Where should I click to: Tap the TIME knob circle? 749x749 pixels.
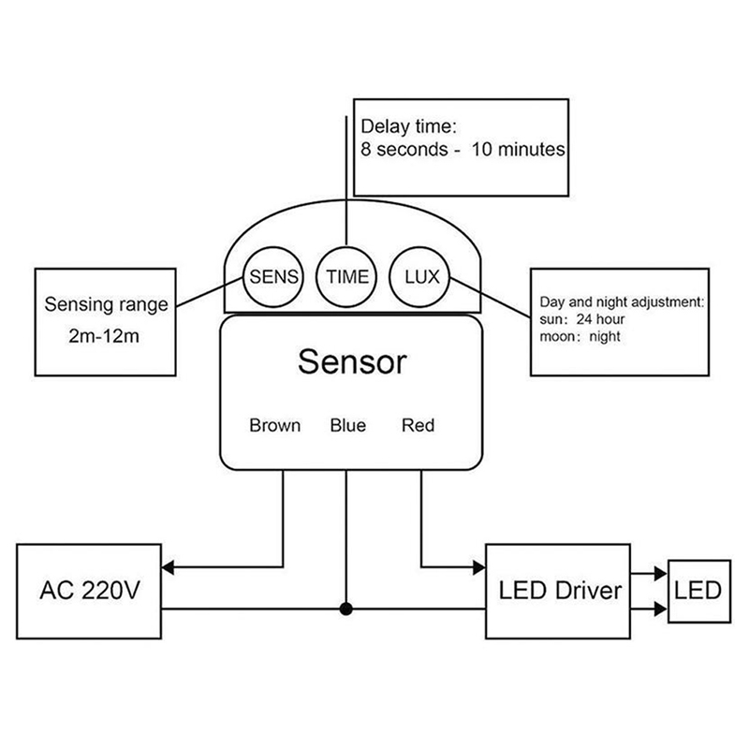point(347,276)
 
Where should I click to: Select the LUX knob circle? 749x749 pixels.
point(419,276)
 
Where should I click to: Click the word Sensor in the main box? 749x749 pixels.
point(352,360)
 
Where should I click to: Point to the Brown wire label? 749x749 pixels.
point(275,426)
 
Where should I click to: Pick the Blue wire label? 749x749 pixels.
point(347,426)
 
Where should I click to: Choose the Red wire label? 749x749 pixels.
point(418,426)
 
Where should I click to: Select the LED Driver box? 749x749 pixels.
point(560,591)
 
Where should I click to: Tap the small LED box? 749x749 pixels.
point(698,591)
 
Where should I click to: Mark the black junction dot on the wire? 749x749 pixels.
point(346,610)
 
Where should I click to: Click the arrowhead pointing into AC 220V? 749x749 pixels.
point(169,566)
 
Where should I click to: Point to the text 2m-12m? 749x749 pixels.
point(104,336)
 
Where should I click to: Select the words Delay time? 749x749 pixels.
point(408,125)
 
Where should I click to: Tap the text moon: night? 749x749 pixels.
point(580,337)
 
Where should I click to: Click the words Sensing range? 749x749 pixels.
point(107,305)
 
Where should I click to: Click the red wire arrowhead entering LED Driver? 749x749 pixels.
point(478,566)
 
